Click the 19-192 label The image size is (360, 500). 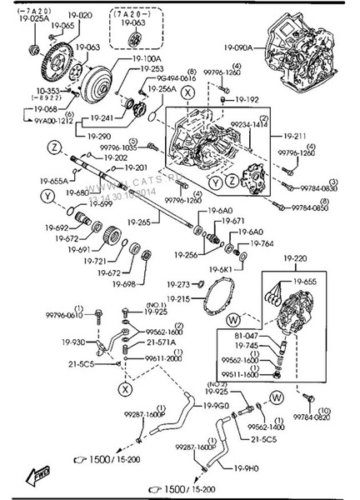pyautogui.click(x=247, y=99)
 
